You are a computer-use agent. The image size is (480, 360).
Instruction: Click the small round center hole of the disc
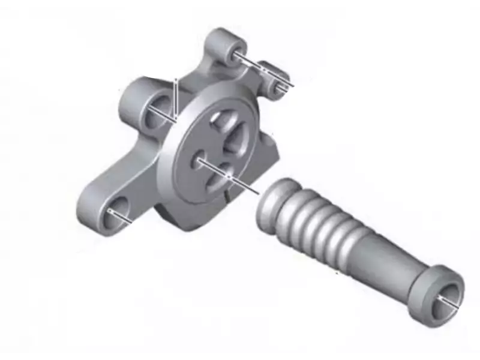(199, 159)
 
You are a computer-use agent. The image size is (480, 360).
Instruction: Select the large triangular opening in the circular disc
(235, 140)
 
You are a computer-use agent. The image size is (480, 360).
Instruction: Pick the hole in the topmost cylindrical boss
(233, 52)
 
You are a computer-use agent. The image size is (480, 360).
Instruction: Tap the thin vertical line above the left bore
(175, 96)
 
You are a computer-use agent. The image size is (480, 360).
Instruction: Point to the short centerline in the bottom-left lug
(121, 217)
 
